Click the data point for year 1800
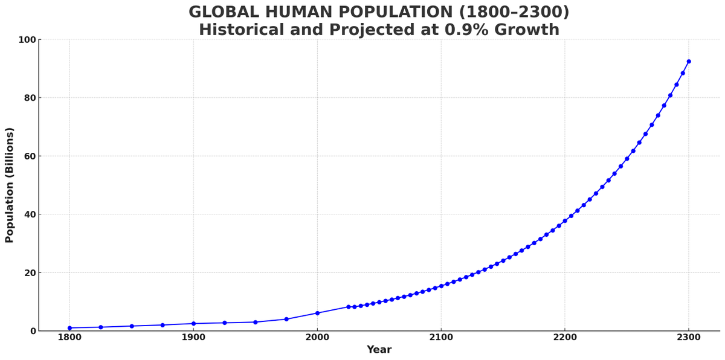(69, 328)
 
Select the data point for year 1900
(193, 324)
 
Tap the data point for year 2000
(317, 313)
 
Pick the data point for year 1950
(256, 322)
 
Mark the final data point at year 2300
(689, 62)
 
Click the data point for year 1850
(132, 326)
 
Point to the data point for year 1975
(286, 319)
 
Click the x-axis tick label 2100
(441, 337)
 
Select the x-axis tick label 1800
(69, 337)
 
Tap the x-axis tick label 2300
(689, 337)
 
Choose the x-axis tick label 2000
(317, 337)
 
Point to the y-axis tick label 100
(27, 40)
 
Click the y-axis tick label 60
(29, 156)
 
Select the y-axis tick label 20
(29, 273)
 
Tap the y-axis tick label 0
(32, 331)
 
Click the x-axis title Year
(379, 350)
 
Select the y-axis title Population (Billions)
(10, 185)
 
